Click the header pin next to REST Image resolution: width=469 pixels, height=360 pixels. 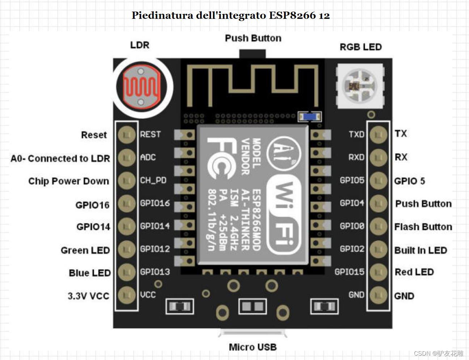(127, 135)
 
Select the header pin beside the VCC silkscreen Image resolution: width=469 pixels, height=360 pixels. (127, 295)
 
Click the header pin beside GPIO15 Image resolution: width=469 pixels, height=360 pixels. (379, 272)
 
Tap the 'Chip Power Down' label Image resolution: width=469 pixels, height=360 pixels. (69, 181)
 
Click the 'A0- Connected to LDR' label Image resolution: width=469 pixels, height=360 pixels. (60, 158)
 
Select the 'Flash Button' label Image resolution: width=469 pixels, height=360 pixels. (423, 227)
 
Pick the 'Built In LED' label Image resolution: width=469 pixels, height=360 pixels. (421, 250)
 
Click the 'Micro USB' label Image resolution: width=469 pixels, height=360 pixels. (253, 347)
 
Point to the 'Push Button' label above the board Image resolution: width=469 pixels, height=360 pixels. (253, 38)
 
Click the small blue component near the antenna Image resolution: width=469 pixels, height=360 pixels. (309, 117)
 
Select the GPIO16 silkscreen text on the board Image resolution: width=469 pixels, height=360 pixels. (155, 203)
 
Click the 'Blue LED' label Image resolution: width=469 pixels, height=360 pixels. (90, 273)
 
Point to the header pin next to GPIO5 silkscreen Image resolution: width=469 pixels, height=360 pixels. (379, 180)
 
